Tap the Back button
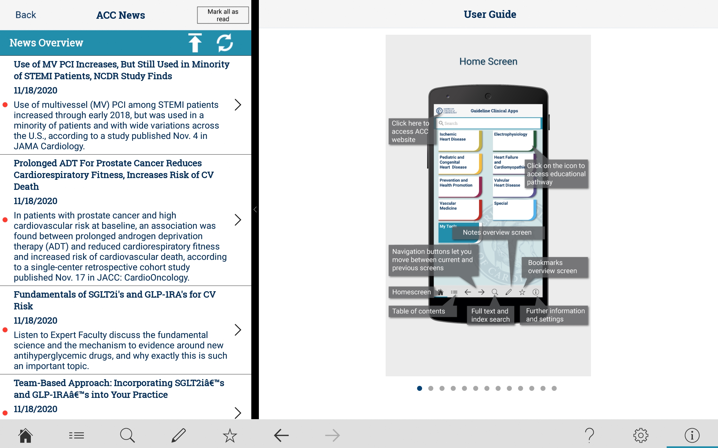pos(26,15)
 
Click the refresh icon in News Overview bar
pos(225,43)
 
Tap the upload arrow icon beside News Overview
pos(195,43)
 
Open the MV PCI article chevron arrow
pos(238,105)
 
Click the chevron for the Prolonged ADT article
pos(238,220)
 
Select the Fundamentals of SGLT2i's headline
pos(114,300)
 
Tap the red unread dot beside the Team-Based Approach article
pos(5,413)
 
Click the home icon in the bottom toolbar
pos(26,435)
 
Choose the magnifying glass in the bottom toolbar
pos(128,435)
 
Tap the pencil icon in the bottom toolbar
pos(179,435)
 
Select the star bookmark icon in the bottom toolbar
pos(230,435)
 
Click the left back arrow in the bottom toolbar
pos(281,435)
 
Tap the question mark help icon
pos(590,435)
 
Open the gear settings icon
pos(641,435)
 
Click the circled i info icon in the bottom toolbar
pos(692,435)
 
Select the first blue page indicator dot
pos(420,388)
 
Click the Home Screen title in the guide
pos(488,61)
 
